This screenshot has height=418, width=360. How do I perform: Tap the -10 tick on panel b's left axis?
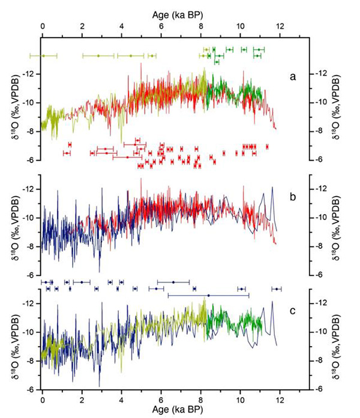click(29, 218)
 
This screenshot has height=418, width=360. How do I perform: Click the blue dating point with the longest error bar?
click(208, 295)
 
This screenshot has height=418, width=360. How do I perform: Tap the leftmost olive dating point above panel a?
click(43, 56)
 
